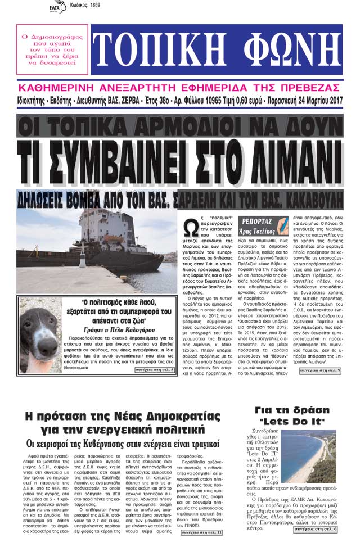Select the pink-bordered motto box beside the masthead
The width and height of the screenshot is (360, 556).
52,49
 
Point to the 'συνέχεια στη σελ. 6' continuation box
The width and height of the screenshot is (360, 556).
320,529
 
